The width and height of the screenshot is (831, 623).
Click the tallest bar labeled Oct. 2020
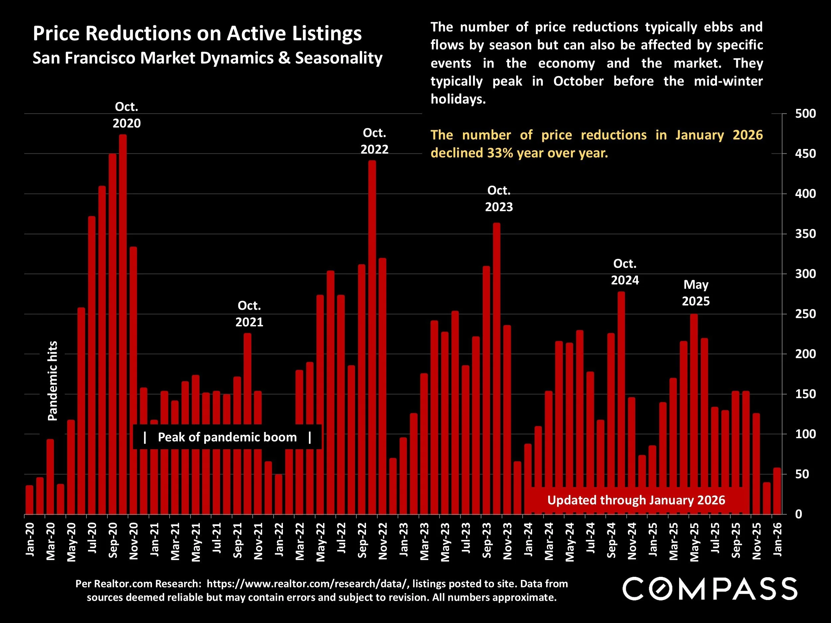123,323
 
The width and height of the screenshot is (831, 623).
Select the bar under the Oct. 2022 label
372,338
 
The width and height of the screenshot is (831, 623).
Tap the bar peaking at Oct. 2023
497,368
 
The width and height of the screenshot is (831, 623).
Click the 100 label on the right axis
805,434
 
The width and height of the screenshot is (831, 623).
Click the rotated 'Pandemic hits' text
53,381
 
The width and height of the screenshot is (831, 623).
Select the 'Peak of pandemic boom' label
227,437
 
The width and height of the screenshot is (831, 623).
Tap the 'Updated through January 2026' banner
636,500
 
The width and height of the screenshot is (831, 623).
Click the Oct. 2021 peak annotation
249,314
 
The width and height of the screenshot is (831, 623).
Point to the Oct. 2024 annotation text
625,272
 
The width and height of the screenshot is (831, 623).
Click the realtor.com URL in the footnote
307,583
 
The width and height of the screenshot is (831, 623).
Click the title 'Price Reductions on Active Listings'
197,34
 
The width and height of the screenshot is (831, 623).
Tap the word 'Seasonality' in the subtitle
338,58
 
